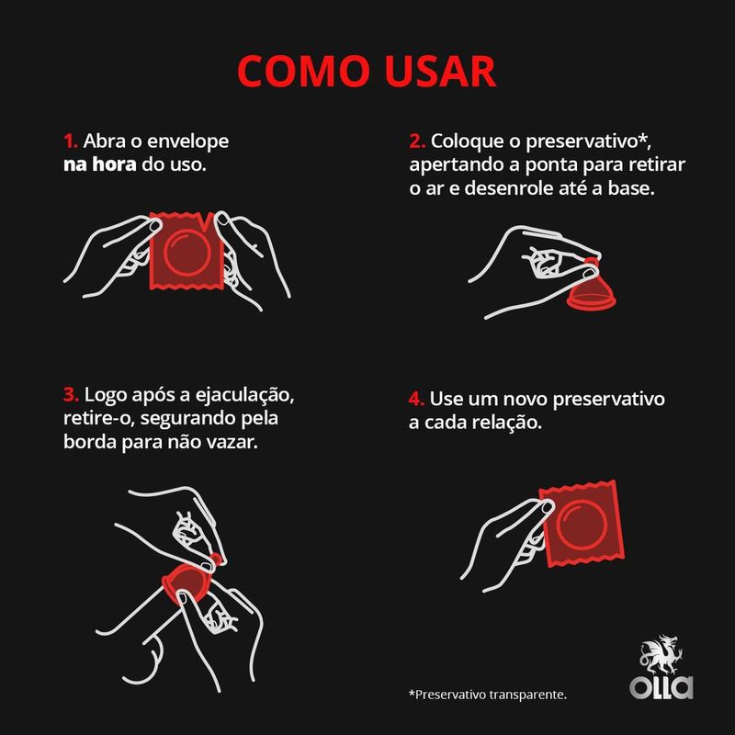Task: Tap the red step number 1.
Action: click(70, 142)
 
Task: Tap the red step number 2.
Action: click(416, 142)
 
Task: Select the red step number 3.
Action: click(71, 395)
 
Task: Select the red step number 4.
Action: click(416, 401)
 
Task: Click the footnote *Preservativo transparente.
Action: click(487, 694)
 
